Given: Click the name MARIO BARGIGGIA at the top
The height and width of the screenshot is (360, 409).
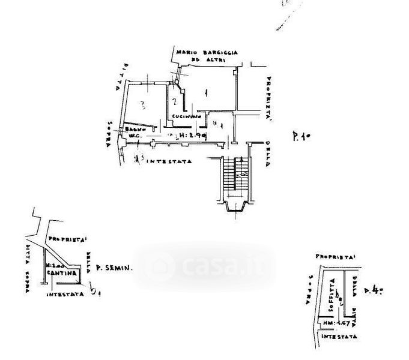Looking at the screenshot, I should tap(205, 53).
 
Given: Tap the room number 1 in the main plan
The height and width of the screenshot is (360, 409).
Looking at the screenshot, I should tap(205, 92).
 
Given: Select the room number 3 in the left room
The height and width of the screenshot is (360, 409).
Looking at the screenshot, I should tap(142, 106).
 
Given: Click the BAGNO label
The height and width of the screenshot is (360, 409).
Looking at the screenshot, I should tap(129, 130).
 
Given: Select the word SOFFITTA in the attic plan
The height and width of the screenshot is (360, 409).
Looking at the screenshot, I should tap(332, 299).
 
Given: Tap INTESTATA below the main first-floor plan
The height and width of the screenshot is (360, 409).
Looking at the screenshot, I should tap(170, 161).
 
